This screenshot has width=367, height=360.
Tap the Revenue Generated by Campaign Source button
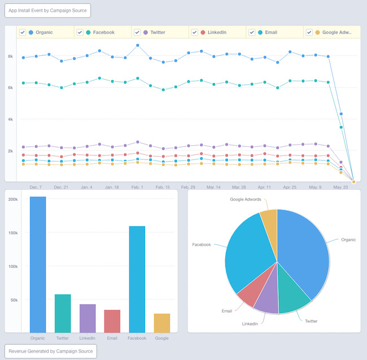[x=51, y=351]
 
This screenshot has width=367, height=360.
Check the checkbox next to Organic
[x=22, y=32]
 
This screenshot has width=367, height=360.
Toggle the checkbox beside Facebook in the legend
[x=80, y=32]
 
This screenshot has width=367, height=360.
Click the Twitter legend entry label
[x=158, y=32]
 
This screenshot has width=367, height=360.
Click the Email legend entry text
[x=271, y=32]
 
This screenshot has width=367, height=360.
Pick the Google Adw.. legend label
[x=337, y=32]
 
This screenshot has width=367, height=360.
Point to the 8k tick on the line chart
[x=10, y=56]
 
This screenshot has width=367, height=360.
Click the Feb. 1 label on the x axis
[x=137, y=186]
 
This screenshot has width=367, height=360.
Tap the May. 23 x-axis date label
[x=341, y=186]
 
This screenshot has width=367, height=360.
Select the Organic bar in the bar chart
[x=38, y=264]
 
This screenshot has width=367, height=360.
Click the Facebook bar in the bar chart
[x=137, y=279]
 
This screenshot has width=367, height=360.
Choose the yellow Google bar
[x=162, y=323]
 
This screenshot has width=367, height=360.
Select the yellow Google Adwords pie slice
[x=269, y=220]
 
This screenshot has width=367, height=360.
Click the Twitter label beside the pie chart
[x=311, y=321]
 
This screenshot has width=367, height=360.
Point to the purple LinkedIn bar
[x=88, y=318]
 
